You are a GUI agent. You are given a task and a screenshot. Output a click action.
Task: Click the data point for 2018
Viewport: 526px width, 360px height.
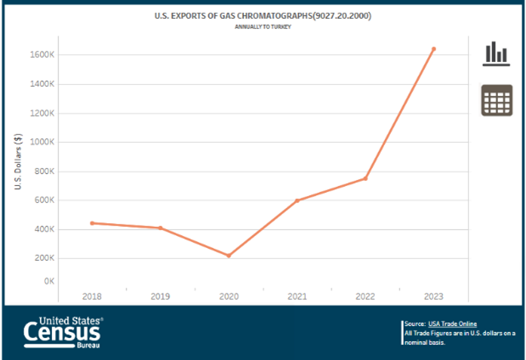pos(92,222)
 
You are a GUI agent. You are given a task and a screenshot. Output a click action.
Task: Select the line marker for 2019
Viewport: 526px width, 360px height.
pos(160,228)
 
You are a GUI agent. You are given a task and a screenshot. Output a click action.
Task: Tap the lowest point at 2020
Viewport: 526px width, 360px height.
pos(229,256)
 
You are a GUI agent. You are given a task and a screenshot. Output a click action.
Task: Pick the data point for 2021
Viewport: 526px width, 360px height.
pos(297,200)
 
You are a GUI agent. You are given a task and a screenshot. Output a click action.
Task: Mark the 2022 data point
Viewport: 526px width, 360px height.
pos(365,178)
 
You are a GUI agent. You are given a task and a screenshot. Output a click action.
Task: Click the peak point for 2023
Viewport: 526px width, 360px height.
pos(433,49)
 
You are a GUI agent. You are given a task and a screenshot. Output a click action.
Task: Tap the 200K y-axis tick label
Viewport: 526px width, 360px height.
pos(43,258)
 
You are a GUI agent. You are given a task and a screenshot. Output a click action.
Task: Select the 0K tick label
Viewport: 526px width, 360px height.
pos(48,281)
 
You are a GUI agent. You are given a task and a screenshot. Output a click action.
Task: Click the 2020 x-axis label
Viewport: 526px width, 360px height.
pos(229,295)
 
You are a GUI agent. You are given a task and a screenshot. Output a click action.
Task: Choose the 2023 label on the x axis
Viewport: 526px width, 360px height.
pos(433,295)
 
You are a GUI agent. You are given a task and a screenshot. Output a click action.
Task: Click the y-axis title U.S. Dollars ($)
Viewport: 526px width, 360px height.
pos(18,162)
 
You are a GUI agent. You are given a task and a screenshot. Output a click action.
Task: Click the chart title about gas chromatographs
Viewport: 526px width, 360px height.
pos(263,15)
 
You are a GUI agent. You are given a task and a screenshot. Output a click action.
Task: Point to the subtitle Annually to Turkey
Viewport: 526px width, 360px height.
pos(263,26)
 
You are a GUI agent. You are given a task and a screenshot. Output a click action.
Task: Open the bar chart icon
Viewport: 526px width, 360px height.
pos(496,53)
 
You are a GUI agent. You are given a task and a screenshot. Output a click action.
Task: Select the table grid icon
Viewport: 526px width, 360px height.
pos(496,101)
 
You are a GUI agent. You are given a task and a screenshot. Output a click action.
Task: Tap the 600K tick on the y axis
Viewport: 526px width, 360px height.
pos(43,200)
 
